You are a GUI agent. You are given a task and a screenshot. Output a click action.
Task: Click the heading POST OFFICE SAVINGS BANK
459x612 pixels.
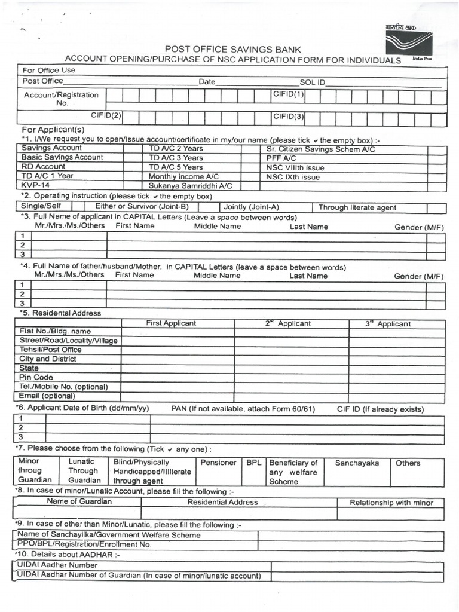point(233,50)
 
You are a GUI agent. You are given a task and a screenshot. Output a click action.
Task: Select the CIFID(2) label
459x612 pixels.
point(106,115)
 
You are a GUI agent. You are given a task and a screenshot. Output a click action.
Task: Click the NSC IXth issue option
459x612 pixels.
point(293,177)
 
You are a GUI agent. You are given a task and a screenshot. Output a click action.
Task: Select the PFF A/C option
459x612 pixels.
point(281,158)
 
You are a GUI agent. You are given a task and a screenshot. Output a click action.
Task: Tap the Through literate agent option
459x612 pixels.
point(357,207)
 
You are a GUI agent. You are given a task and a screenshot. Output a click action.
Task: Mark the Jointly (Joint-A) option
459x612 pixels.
point(251,207)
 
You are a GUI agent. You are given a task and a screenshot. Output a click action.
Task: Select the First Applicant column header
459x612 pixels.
point(171,323)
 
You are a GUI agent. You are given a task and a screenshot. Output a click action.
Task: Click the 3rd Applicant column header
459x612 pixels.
point(388,324)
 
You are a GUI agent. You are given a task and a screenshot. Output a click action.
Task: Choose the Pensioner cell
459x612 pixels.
point(218,463)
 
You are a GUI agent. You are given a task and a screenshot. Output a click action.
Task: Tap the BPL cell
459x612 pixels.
point(254,463)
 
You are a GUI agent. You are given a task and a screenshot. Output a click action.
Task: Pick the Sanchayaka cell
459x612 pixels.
point(357,463)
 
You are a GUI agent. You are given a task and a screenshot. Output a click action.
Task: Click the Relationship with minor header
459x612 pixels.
point(391,503)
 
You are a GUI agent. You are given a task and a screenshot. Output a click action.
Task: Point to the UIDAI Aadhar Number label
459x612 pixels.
point(57,565)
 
